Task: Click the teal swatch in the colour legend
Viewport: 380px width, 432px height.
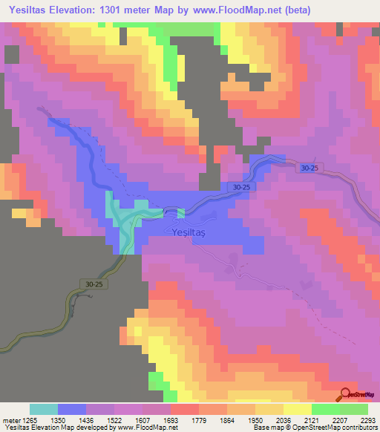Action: click(44, 409)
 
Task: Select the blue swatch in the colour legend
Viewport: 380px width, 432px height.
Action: click(72, 409)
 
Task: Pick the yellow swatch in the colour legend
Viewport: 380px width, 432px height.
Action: click(297, 409)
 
